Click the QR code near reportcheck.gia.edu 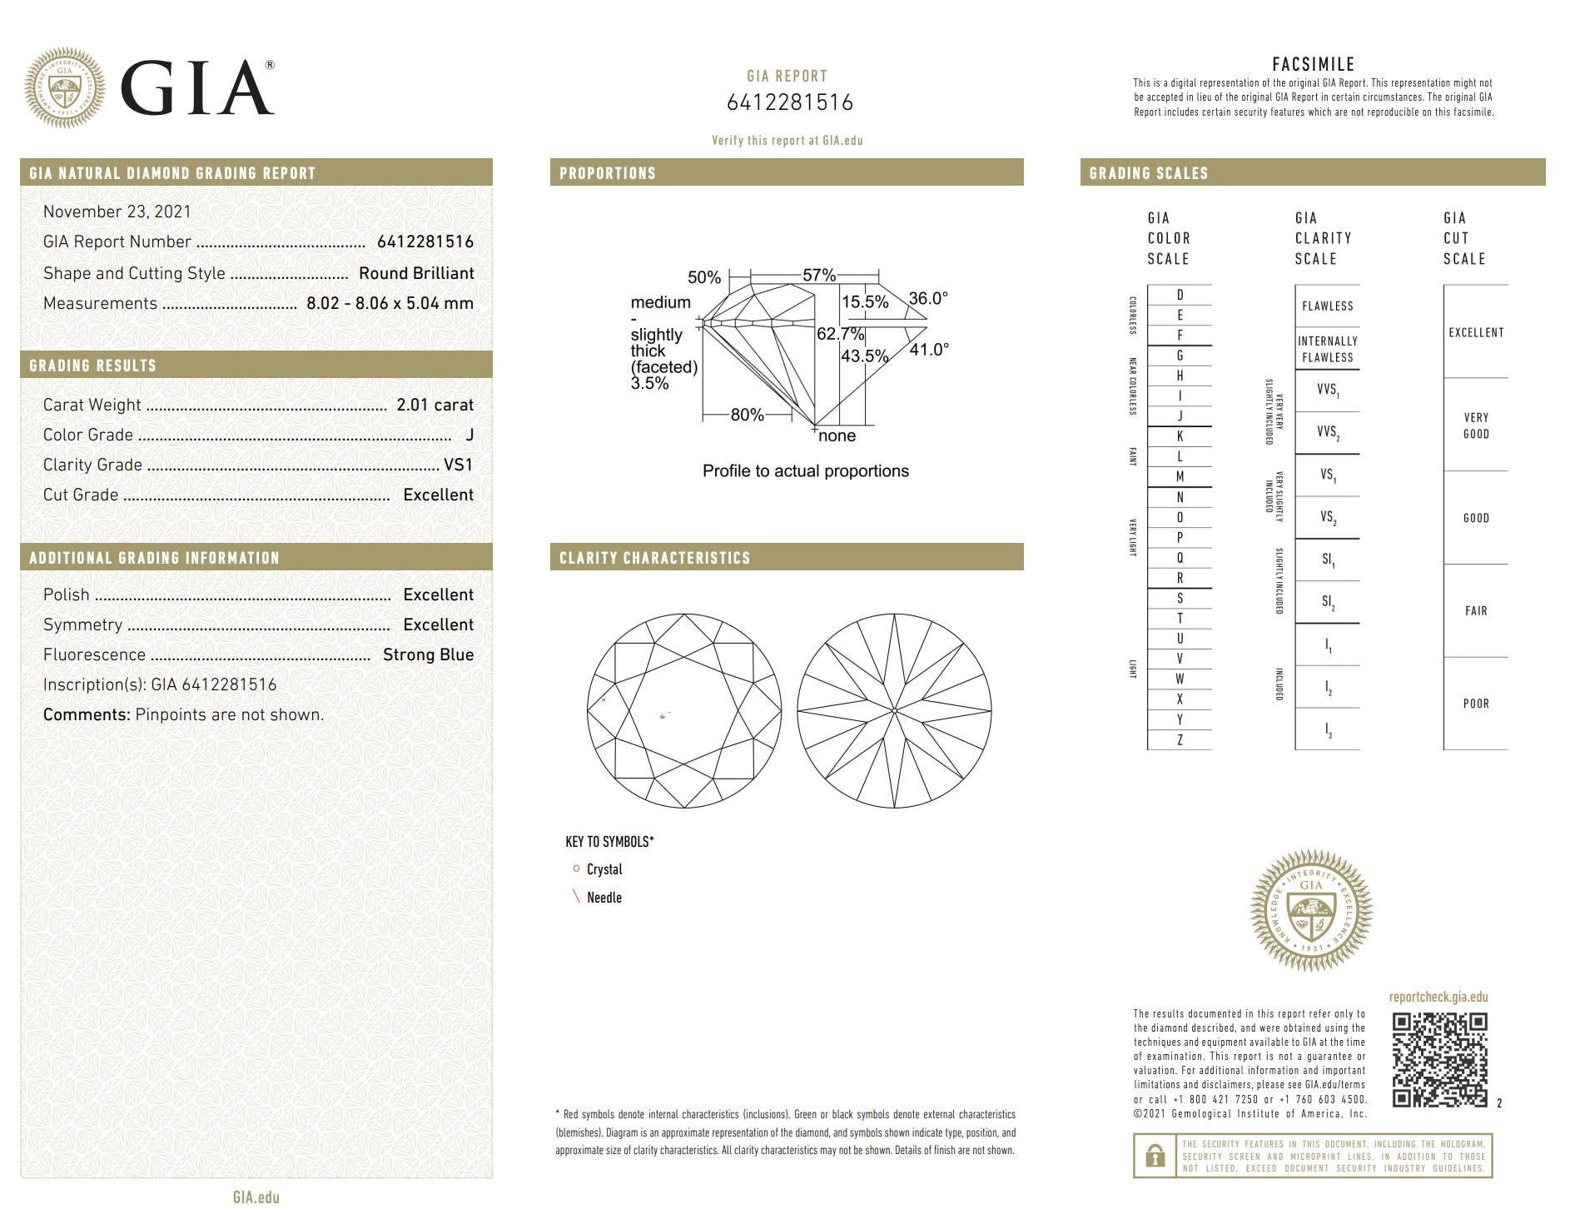tap(1439, 1059)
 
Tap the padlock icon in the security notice tap(1155, 1156)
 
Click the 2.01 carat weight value tap(435, 405)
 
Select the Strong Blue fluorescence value tap(428, 654)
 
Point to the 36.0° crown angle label tap(928, 298)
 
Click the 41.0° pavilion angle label tap(929, 350)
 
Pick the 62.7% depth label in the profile tap(840, 334)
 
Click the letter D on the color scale tap(1180, 295)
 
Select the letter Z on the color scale tap(1180, 739)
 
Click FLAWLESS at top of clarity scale tap(1327, 306)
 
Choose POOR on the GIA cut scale tap(1475, 704)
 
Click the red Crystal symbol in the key tap(576, 868)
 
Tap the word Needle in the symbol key tap(604, 898)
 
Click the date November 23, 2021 tap(117, 211)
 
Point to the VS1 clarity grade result tap(458, 465)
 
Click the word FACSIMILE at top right tap(1313, 64)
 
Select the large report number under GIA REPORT tap(789, 102)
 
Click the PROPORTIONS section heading tap(608, 173)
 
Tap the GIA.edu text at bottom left tap(256, 1197)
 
